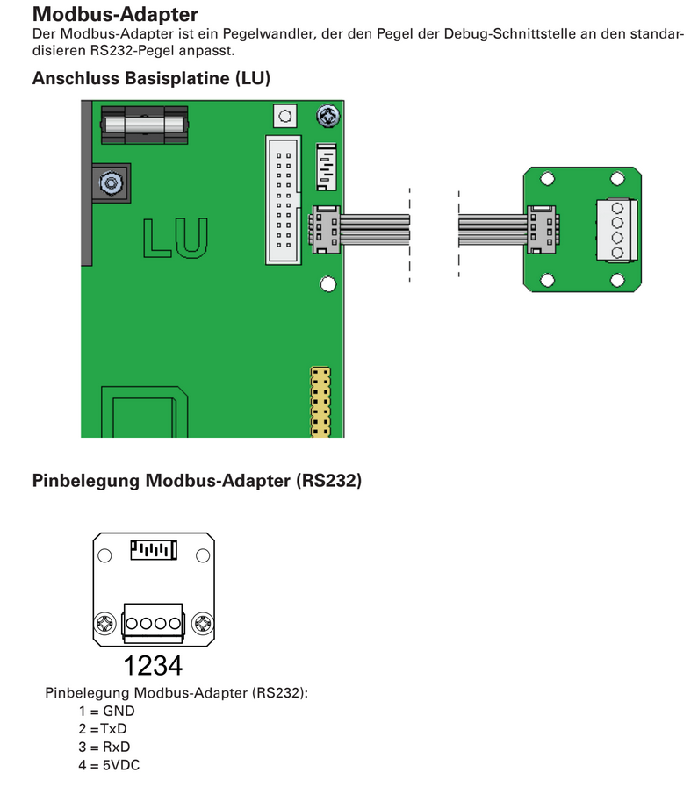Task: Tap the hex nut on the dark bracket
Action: [x=111, y=182]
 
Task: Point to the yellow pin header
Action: [x=320, y=403]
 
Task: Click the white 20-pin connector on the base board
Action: [x=283, y=198]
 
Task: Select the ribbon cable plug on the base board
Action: [x=324, y=231]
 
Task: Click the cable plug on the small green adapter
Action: [x=540, y=230]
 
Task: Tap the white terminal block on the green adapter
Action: [x=616, y=231]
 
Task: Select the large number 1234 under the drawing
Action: [x=153, y=665]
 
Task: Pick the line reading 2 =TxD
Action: [x=103, y=729]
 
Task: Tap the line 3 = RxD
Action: [x=104, y=748]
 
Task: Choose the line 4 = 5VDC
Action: [x=108, y=765]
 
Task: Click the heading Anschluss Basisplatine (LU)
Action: [x=151, y=78]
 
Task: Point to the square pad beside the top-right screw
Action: [x=284, y=116]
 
